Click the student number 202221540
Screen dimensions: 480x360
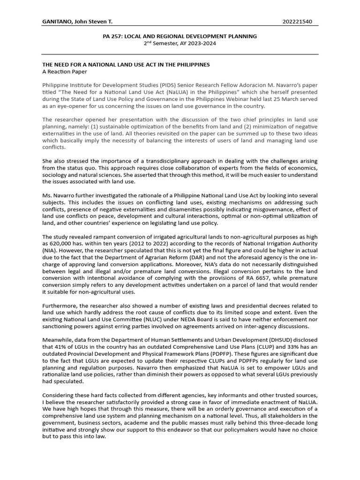point(298,22)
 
